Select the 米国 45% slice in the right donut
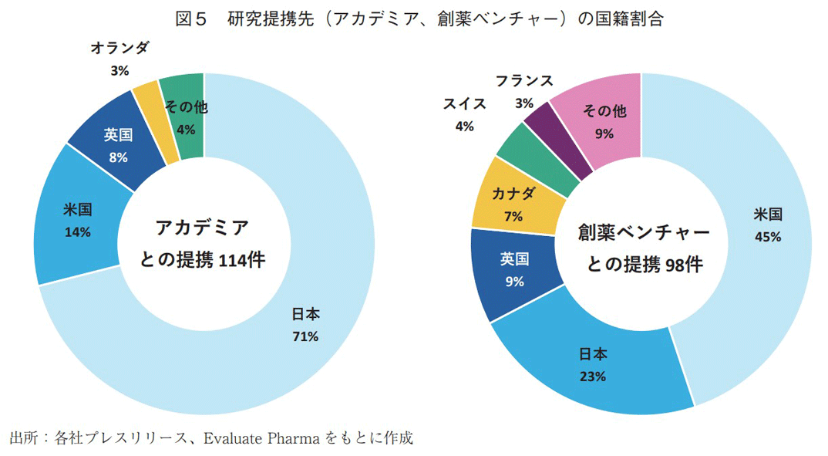[763, 231]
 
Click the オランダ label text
[119, 48]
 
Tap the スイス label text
[464, 103]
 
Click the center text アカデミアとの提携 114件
[203, 244]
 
